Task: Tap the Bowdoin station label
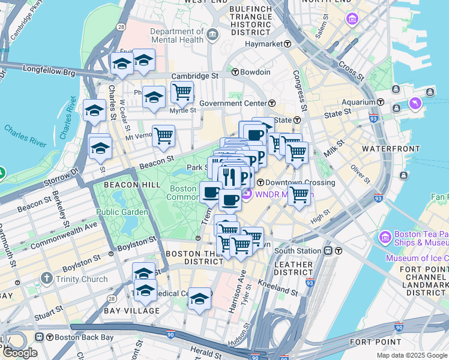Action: pyautogui.click(x=255, y=72)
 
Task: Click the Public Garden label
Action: pyautogui.click(x=122, y=212)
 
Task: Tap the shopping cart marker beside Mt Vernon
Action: pyautogui.click(x=163, y=136)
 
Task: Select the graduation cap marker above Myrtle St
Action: pyautogui.click(x=154, y=97)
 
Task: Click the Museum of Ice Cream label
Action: pyautogui.click(x=417, y=258)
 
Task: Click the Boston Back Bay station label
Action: pyautogui.click(x=75, y=337)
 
